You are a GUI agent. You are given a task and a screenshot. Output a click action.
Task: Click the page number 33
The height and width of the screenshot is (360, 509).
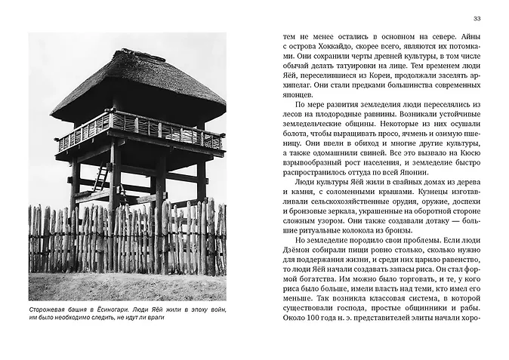click(476, 18)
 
